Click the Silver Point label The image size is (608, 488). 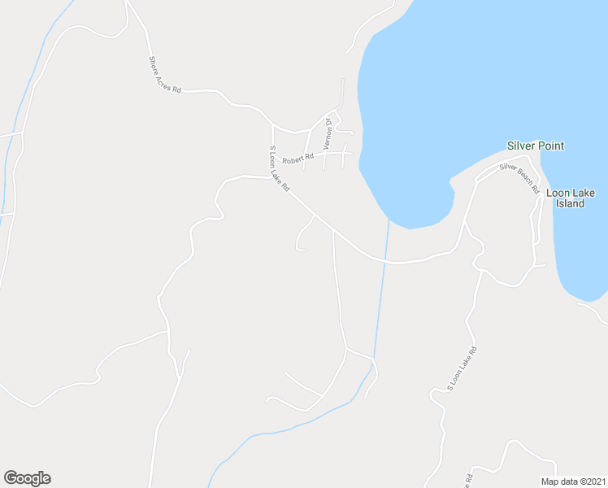(x=535, y=146)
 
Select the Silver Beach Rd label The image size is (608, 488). (x=520, y=177)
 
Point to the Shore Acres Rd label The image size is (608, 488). (x=165, y=74)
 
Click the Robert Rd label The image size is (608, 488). (x=298, y=157)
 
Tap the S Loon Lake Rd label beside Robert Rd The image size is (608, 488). (x=279, y=168)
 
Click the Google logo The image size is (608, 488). (x=27, y=478)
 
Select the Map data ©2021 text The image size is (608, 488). (x=574, y=481)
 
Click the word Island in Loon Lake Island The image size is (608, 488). (x=571, y=204)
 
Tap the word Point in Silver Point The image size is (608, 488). (x=550, y=146)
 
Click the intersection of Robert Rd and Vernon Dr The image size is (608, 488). (x=324, y=154)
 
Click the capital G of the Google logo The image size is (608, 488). (x=11, y=478)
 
